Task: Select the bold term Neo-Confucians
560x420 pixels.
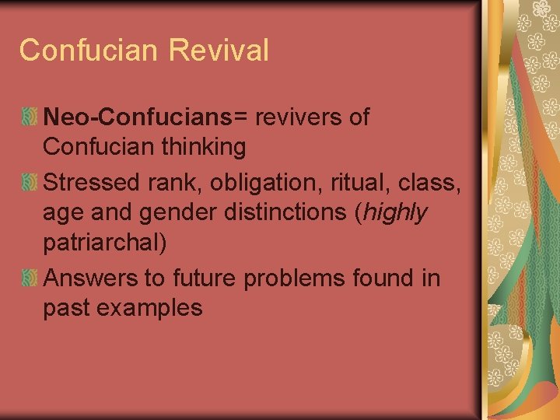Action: pyautogui.click(x=138, y=117)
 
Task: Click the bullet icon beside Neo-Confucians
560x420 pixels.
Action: pyautogui.click(x=30, y=118)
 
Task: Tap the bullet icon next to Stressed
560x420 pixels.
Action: pyautogui.click(x=30, y=184)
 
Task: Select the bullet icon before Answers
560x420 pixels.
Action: pyautogui.click(x=30, y=278)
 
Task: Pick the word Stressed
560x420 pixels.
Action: pyautogui.click(x=89, y=183)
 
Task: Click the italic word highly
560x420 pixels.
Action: pyautogui.click(x=394, y=212)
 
